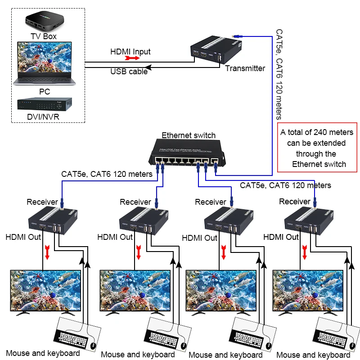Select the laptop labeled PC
coord(43,63)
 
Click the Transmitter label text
coord(245,68)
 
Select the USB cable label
coord(129,71)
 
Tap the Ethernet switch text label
coord(189,135)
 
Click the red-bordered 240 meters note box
coord(319,148)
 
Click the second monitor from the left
coord(135,290)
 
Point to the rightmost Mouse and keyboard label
coord(313,355)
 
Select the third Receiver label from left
coord(210,202)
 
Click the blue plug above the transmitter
coord(235,36)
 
